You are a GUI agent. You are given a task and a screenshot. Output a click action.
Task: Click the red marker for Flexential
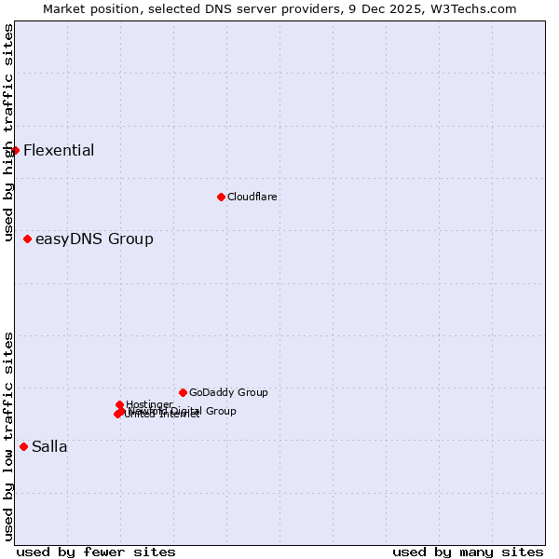tap(15, 150)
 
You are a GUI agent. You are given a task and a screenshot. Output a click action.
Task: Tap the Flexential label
tap(59, 151)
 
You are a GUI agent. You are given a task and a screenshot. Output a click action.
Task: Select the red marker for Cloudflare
tap(221, 197)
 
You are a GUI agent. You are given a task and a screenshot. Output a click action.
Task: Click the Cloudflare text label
tap(252, 197)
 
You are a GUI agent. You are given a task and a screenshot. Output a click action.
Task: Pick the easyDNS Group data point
tap(27, 239)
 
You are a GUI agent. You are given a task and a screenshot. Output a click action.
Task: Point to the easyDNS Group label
tap(94, 239)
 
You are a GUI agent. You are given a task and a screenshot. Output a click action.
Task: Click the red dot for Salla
tap(23, 446)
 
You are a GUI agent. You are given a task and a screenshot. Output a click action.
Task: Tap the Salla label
tap(49, 447)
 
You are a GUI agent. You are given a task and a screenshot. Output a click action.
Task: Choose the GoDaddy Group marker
tap(183, 392)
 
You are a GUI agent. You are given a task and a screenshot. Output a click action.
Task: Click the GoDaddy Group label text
tap(228, 392)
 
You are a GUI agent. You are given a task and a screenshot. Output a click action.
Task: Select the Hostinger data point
tap(119, 404)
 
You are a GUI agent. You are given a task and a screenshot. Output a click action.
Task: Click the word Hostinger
tap(149, 404)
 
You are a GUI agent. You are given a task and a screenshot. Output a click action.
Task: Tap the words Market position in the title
tap(87, 8)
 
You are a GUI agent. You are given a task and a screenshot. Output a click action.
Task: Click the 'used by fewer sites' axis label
tap(96, 552)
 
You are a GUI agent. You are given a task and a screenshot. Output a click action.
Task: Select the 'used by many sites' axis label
tap(468, 552)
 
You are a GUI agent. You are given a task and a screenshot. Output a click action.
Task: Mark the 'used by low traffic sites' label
tap(8, 436)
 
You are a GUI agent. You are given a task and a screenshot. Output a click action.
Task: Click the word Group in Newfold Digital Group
tap(221, 411)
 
